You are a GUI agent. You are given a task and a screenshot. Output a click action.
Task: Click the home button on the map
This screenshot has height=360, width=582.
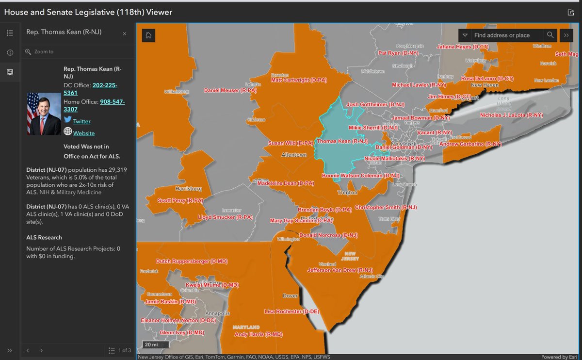pyautogui.click(x=148, y=35)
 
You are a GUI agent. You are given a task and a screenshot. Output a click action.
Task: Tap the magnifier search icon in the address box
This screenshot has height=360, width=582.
pyautogui.click(x=550, y=35)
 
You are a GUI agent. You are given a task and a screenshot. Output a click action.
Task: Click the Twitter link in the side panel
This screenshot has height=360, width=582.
pyautogui.click(x=81, y=121)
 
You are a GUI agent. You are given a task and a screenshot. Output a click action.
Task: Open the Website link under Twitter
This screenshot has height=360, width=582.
pyautogui.click(x=84, y=133)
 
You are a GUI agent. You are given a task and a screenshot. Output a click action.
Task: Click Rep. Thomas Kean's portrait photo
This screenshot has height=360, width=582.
pyautogui.click(x=44, y=114)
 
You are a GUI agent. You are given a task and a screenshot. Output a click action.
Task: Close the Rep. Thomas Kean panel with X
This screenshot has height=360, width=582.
pyautogui.click(x=125, y=33)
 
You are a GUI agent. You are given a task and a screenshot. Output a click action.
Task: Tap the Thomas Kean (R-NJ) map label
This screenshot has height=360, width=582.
pyautogui.click(x=342, y=141)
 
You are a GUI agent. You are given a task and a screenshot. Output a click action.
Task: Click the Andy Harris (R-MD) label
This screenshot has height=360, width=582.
pyautogui.click(x=258, y=334)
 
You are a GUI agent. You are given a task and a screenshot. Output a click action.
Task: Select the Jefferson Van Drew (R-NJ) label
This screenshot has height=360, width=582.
pyautogui.click(x=340, y=270)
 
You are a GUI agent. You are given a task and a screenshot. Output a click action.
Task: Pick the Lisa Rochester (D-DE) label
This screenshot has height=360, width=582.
pyautogui.click(x=290, y=311)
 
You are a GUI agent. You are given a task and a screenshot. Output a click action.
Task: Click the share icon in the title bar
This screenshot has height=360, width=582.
pyautogui.click(x=570, y=12)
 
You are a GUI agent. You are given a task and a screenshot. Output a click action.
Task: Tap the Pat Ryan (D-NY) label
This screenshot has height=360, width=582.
pyautogui.click(x=398, y=53)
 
